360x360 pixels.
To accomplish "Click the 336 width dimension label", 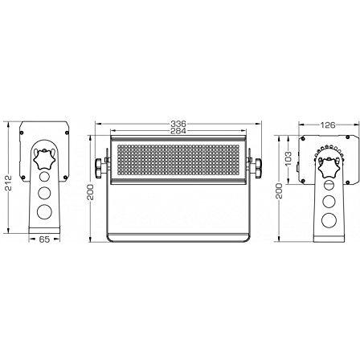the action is pos(178,124).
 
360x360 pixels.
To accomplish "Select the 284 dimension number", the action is pos(178,131).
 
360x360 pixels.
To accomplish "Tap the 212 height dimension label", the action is pos(9,182).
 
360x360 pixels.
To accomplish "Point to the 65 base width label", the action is pos(44,239).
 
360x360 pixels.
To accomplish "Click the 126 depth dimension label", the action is pos(328,125).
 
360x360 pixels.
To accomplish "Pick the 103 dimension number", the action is pos(288,159).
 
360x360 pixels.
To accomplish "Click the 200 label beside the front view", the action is pos(91,192).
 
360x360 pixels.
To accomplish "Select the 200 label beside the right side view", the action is pos(280,190).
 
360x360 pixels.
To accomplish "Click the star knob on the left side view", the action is pos(44,159).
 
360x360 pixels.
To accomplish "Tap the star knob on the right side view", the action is pos(329,168).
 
